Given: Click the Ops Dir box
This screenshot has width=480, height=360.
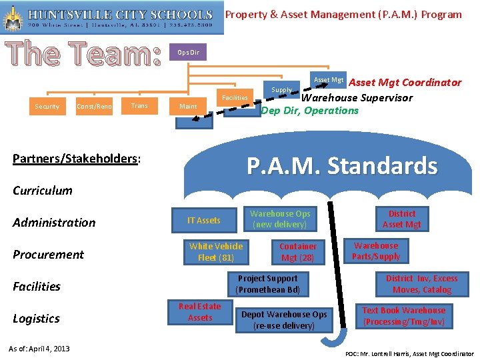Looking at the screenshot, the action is [x=189, y=52].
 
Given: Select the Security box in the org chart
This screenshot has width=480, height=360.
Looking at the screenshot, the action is [x=47, y=106].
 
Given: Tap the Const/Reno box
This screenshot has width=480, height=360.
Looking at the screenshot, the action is [x=94, y=106].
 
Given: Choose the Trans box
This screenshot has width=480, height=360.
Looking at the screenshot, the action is [x=140, y=105].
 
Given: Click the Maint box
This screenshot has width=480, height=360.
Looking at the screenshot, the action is [x=188, y=106].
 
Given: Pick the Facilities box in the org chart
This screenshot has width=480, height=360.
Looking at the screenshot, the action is [x=235, y=97].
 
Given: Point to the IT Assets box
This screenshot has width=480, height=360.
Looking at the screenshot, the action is [x=203, y=220].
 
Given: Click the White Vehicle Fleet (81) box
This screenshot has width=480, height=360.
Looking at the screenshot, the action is [x=216, y=252].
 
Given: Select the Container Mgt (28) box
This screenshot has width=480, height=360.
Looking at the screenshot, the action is [x=297, y=252].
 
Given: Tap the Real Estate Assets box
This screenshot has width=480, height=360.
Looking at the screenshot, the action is [x=200, y=312].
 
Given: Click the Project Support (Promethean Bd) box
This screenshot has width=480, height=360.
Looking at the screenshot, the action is [x=268, y=284].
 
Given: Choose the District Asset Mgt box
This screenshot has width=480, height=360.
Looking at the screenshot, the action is [x=402, y=219].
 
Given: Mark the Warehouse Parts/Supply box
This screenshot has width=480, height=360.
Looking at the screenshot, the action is [x=376, y=251].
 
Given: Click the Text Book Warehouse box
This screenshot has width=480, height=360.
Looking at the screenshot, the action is [x=404, y=316].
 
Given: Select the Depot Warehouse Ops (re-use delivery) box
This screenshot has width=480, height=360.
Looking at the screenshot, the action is [x=284, y=319].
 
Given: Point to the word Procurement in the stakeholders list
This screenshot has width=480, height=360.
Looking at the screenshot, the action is [x=49, y=255].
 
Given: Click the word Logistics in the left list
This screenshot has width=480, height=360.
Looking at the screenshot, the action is [x=37, y=319].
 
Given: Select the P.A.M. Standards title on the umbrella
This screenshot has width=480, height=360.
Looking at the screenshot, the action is [x=342, y=166].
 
